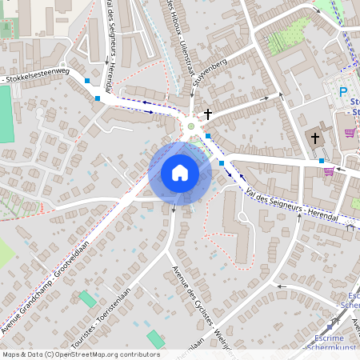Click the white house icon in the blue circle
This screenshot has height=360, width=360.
coord(180,172)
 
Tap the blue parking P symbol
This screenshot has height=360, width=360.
coord(344,93)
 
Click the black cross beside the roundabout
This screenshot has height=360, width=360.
coord(208,114)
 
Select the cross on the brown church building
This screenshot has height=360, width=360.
coord(315,138)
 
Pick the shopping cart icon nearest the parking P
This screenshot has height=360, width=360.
coord(350,133)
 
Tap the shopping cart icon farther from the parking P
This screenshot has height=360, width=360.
coord(328,170)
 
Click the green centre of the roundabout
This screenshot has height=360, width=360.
coord(190,125)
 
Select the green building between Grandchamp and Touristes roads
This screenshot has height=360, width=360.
coord(86,300)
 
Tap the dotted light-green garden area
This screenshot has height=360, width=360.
coord(286,35)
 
